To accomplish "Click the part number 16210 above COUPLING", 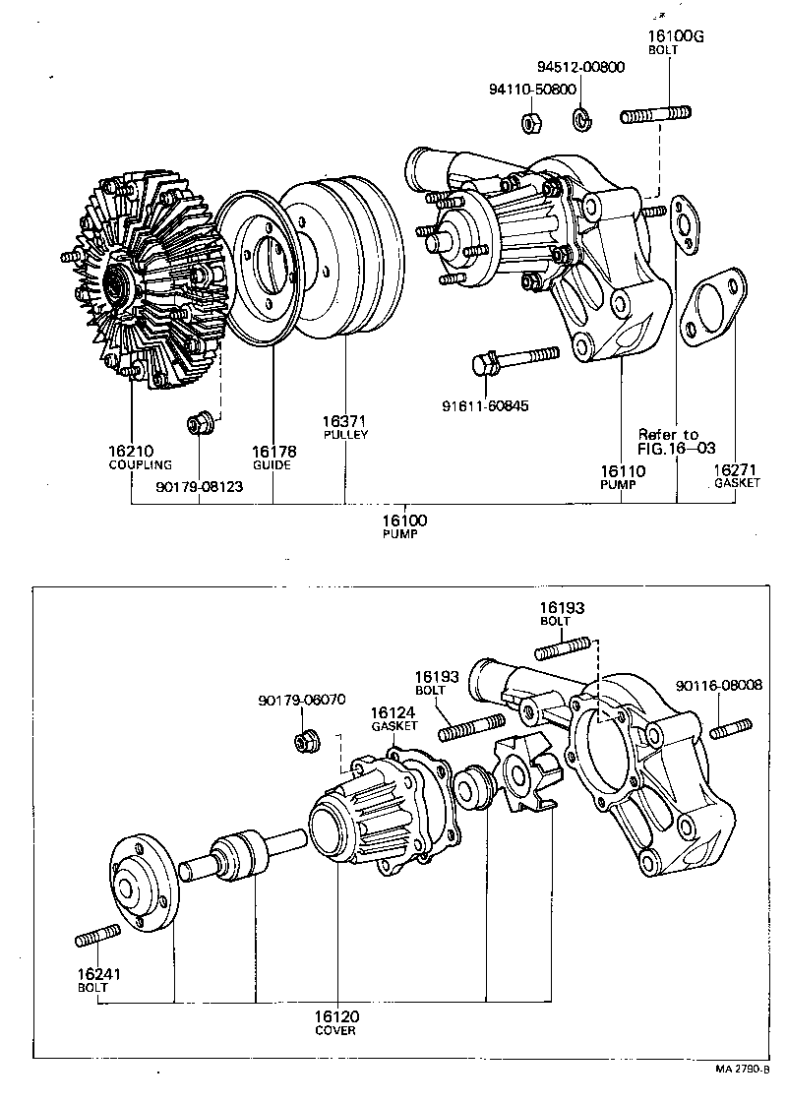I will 133,452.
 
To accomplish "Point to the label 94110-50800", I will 531,89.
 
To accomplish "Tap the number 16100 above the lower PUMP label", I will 404,521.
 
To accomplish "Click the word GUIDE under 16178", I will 272,465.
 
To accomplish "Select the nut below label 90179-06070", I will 306,741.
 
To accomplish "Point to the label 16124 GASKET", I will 393,717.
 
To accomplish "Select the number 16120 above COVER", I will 336,1015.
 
